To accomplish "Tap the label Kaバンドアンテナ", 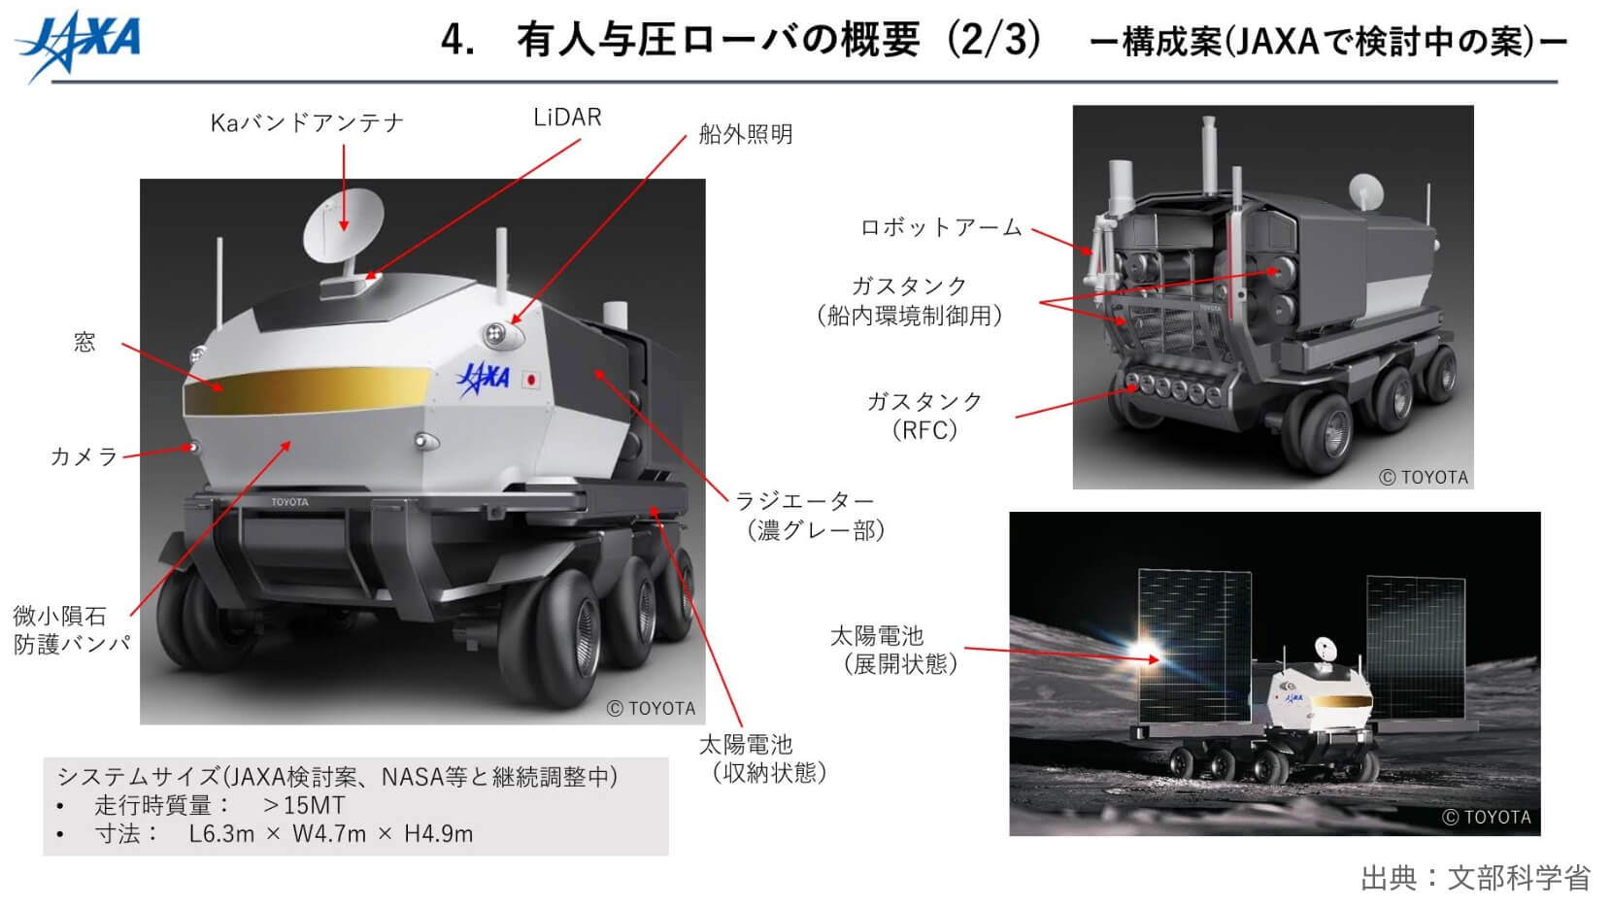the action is point(307,123).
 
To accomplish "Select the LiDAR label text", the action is point(567,118).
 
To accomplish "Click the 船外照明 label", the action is point(746,135).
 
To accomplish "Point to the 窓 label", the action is point(84,342).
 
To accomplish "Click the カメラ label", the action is point(84,456).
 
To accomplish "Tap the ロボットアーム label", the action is point(941,227).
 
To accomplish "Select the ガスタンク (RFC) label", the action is point(924,416).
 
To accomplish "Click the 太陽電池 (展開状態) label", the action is point(894,650).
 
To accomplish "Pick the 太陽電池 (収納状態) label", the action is point(763,758).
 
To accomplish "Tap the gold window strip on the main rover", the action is point(307,391).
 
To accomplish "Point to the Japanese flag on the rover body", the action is point(532,379).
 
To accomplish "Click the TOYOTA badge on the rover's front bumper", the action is point(289,502).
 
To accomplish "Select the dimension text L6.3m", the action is point(221,834).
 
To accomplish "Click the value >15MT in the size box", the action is point(304,805).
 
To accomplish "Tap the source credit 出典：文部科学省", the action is point(1475,878).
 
